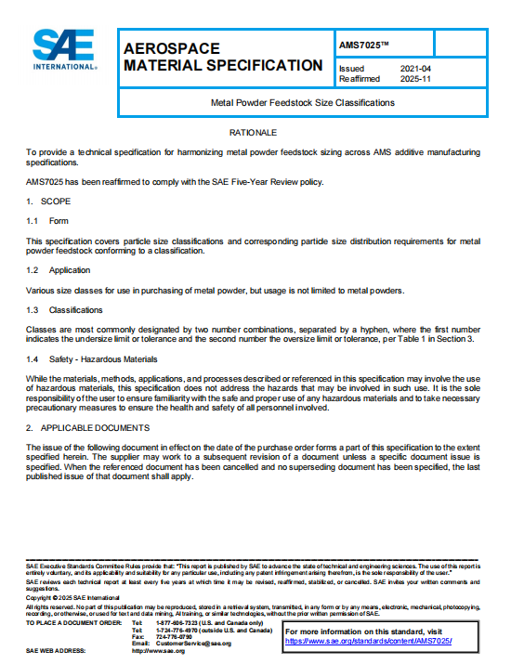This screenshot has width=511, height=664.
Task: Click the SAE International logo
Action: coord(65,50)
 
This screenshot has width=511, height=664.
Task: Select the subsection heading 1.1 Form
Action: coord(47,220)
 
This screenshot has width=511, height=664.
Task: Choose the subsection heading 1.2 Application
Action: coord(58,269)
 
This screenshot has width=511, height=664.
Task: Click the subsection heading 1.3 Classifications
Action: coord(64,309)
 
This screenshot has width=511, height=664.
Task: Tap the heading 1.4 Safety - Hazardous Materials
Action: coord(90,358)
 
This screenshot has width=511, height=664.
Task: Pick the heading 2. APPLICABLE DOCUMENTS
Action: coord(87,427)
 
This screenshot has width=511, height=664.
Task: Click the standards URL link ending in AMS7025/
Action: coord(368,641)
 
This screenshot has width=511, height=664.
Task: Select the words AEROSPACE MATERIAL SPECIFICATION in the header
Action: coord(223,57)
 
